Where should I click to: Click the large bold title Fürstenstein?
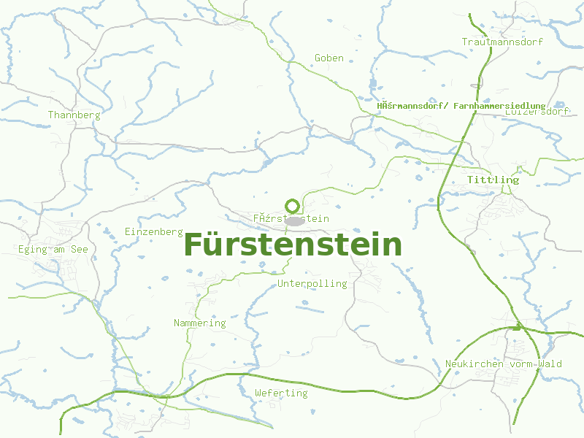click(293, 245)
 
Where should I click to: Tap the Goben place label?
click(328, 58)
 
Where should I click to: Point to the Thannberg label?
click(74, 115)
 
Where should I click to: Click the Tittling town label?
click(493, 180)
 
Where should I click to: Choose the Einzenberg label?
click(153, 231)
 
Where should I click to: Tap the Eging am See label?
click(53, 250)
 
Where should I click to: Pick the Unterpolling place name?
click(312, 283)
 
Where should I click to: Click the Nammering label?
click(199, 323)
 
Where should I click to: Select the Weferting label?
click(281, 393)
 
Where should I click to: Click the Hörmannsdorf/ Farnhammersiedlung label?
click(461, 106)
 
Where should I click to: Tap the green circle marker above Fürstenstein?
click(292, 206)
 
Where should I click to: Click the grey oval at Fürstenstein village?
click(294, 220)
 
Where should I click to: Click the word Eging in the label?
click(33, 250)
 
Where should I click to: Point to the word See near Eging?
click(80, 250)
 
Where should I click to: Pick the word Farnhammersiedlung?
click(499, 106)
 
